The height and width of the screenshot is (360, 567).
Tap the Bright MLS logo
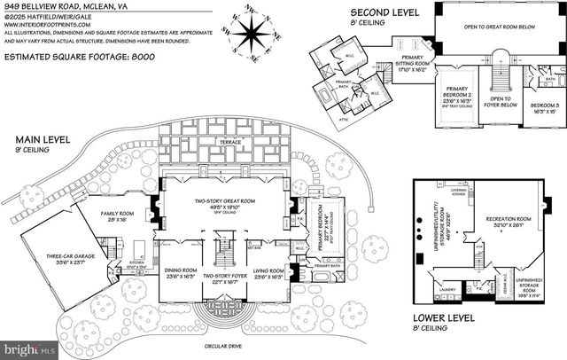27,343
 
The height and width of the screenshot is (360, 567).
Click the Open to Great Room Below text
502,27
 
